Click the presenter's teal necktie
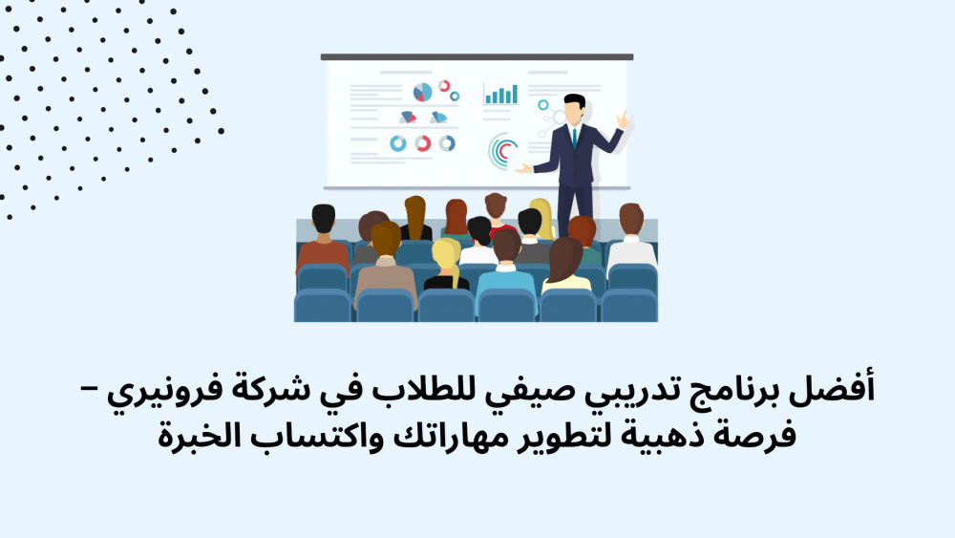coord(574,139)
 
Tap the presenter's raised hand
coord(623,119)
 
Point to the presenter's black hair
coord(574,100)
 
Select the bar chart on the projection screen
coord(501,94)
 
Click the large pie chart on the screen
coord(422,92)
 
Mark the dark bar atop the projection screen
coord(477,56)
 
